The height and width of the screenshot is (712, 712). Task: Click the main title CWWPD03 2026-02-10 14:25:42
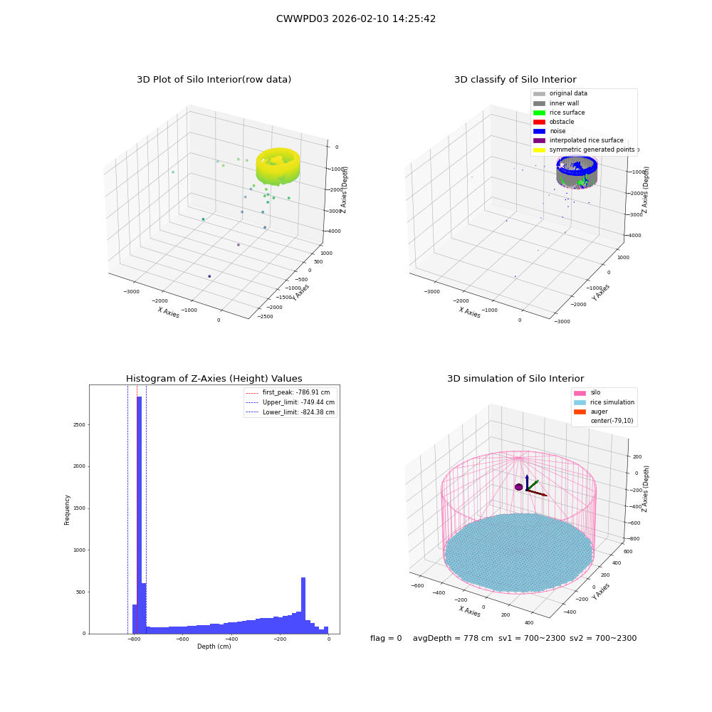[x=356, y=19]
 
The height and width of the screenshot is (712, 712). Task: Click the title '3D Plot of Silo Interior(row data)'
[x=214, y=80]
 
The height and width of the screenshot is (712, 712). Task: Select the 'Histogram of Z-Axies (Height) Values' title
[x=214, y=378]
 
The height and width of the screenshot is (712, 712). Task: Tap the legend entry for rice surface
[x=559, y=112]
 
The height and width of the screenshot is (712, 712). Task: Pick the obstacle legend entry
[x=553, y=122]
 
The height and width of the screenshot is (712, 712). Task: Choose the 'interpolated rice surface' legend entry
[x=578, y=140]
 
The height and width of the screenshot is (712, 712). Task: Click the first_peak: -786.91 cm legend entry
[x=288, y=392]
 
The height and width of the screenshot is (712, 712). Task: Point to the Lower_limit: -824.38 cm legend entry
[x=290, y=412]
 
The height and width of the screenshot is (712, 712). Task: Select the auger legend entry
[x=591, y=412]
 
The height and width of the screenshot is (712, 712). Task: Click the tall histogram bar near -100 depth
[x=303, y=606]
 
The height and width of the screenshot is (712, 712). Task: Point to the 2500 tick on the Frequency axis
[x=79, y=424]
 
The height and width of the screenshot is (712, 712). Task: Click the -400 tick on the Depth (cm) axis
[x=231, y=639]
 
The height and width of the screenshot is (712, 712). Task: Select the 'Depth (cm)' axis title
[x=214, y=646]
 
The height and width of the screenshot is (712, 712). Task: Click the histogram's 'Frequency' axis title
[x=67, y=510]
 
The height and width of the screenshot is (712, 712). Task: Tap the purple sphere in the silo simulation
[x=518, y=487]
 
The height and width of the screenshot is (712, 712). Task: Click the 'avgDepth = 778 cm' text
[x=453, y=638]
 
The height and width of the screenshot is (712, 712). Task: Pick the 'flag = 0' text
[x=386, y=638]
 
